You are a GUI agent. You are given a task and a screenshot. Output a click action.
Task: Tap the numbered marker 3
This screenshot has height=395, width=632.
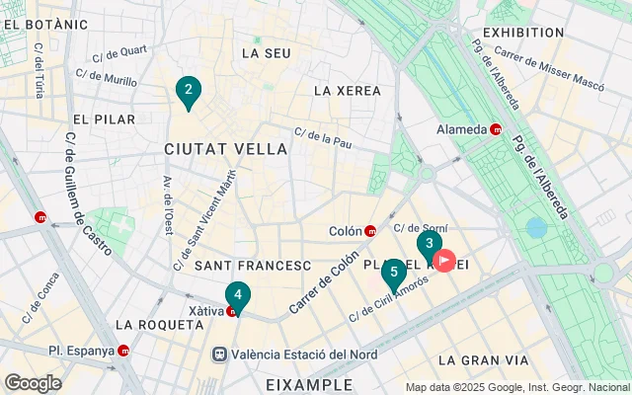(x=428, y=244)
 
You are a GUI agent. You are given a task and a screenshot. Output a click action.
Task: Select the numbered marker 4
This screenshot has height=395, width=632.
(x=237, y=295)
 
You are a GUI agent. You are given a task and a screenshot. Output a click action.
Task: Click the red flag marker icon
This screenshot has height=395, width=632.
(x=445, y=262)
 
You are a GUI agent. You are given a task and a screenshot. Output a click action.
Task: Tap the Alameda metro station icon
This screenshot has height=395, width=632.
(x=496, y=129)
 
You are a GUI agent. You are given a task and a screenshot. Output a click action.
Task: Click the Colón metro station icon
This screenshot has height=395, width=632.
(x=370, y=232)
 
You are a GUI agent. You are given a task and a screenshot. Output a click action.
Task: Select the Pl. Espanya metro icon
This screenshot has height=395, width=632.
(x=123, y=350)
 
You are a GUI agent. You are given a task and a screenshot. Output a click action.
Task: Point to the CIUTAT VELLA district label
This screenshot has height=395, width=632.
(x=226, y=149)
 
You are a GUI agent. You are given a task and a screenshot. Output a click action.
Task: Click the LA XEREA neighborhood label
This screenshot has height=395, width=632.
(x=347, y=91)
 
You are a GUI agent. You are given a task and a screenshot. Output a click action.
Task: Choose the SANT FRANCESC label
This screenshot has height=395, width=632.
(x=253, y=266)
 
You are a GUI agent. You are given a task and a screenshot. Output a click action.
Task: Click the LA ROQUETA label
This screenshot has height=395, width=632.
(x=150, y=324)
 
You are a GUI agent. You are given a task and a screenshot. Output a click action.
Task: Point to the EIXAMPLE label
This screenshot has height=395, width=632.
(x=309, y=383)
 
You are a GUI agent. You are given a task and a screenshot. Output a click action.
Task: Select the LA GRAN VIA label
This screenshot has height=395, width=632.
(x=479, y=359)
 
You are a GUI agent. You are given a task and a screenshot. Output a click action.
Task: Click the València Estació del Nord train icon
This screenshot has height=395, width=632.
(x=219, y=354)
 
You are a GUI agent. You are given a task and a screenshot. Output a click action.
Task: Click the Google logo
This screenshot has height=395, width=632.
(x=33, y=383)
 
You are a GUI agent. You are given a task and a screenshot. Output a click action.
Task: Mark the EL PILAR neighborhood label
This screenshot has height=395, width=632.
(x=104, y=119)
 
